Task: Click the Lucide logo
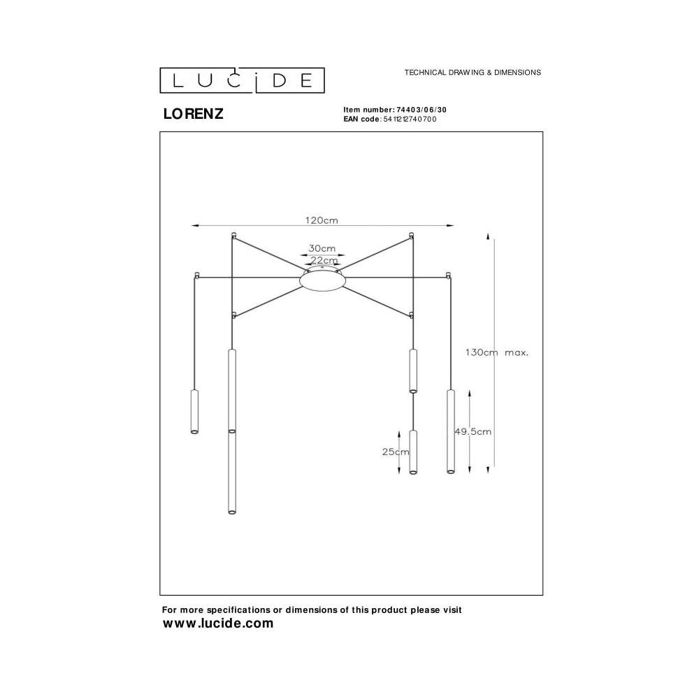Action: (242, 80)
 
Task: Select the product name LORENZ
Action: (193, 114)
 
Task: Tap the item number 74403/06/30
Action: (421, 110)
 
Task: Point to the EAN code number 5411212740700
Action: (410, 119)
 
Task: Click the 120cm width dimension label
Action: (322, 220)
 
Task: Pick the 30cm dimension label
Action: (322, 248)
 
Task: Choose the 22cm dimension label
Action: (324, 260)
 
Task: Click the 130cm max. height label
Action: (497, 352)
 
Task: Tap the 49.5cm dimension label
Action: (473, 431)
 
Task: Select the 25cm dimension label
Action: (396, 452)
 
